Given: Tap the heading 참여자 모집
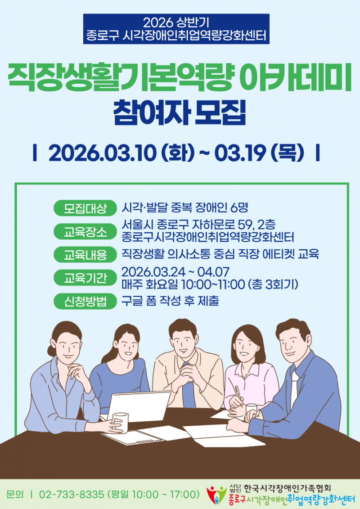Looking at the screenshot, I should click(180, 113).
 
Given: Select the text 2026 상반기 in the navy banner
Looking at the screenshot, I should click(176, 22).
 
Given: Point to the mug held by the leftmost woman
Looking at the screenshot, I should click(121, 421).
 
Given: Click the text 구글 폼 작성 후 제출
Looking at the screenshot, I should click(170, 301).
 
